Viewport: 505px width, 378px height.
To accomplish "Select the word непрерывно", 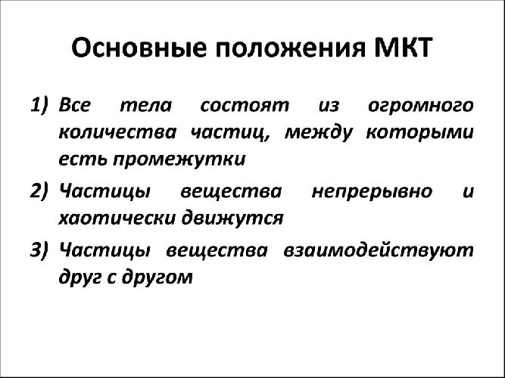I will (x=372, y=191).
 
